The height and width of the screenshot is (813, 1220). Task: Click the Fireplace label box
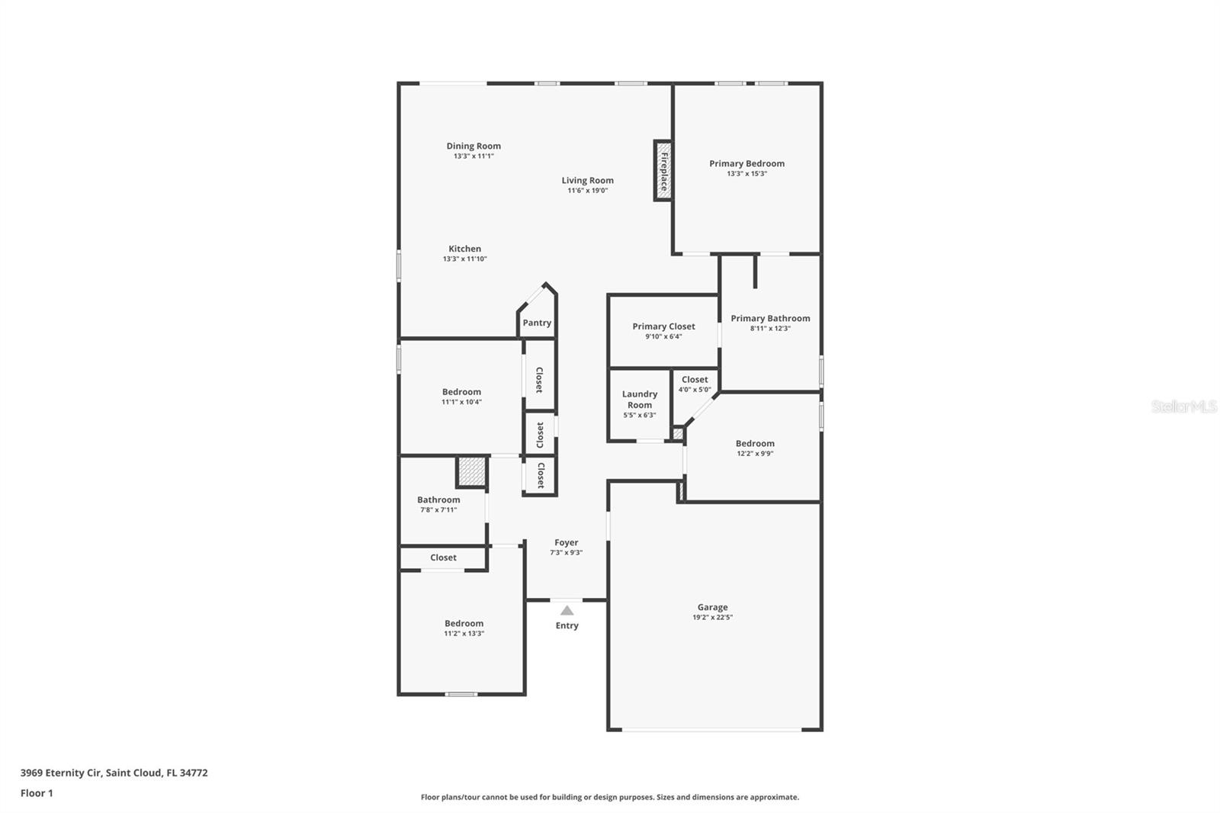point(663,171)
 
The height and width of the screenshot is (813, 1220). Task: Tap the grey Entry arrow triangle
point(567,610)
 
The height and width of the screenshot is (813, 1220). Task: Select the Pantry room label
point(537,323)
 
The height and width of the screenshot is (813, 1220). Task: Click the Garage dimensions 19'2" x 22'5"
point(712,618)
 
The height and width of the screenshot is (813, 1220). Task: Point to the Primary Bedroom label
point(746,163)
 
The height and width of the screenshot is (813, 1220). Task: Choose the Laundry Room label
point(640,400)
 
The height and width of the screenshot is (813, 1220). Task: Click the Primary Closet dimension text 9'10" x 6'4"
point(663,337)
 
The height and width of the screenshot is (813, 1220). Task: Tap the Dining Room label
point(474,146)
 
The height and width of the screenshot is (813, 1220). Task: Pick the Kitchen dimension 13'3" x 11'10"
point(464,259)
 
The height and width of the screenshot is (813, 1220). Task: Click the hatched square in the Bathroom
point(471,471)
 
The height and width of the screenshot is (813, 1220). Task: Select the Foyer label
point(567,542)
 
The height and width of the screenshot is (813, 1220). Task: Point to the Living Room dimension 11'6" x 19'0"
point(588,190)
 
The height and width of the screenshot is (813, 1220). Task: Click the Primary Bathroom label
point(770,318)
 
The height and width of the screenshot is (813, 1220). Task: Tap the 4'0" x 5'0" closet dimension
point(695,390)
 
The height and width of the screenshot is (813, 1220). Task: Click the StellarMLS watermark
point(1184,406)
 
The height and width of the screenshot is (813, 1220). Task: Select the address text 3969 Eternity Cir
point(61,773)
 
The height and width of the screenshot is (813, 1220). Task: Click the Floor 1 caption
point(37,793)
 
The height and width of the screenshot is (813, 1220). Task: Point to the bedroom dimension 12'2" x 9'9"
point(755,453)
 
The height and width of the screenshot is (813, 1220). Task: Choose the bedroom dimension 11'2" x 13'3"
point(464,633)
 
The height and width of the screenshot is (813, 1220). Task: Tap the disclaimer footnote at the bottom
point(610,797)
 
